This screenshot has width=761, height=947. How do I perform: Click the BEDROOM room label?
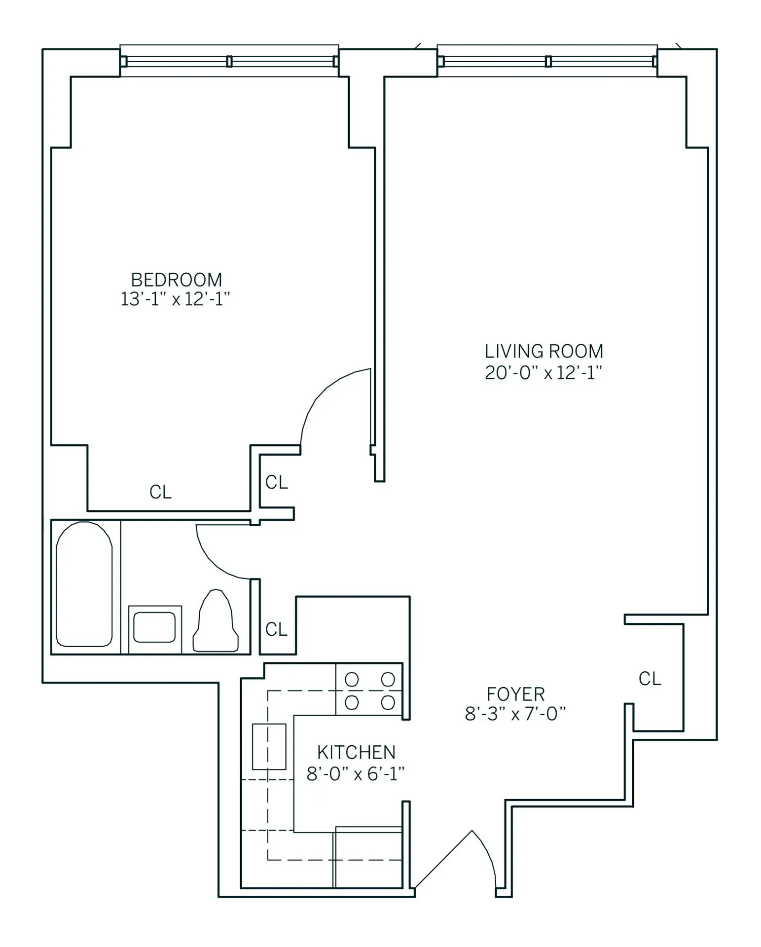click(176, 280)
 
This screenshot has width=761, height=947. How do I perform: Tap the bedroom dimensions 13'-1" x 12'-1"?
click(176, 299)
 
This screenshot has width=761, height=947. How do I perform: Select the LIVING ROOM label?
click(544, 351)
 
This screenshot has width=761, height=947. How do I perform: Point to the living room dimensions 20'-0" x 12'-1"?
click(544, 372)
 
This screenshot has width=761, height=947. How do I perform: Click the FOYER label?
click(515, 694)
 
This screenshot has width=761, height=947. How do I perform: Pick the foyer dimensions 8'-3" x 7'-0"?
click(515, 714)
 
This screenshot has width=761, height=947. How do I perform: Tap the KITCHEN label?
click(356, 752)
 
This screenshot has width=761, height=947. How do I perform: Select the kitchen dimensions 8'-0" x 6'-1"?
click(356, 774)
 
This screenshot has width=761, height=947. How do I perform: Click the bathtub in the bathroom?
click(84, 584)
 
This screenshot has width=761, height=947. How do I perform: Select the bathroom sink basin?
click(154, 627)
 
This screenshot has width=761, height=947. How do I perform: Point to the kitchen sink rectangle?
click(269, 746)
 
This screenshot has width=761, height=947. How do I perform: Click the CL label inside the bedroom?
click(160, 492)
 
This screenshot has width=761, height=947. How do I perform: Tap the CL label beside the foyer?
click(650, 679)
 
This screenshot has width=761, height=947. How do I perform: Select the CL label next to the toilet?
click(276, 629)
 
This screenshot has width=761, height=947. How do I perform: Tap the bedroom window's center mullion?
click(229, 61)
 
